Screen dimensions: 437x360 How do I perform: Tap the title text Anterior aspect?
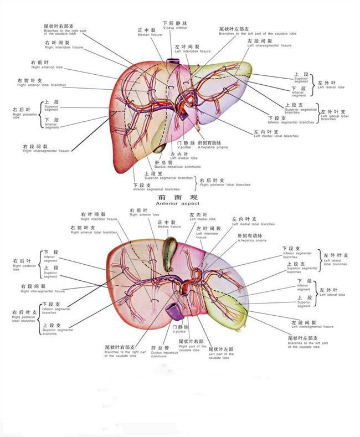click(174, 203)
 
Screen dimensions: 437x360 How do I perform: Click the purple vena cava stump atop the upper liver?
click(172, 57)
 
